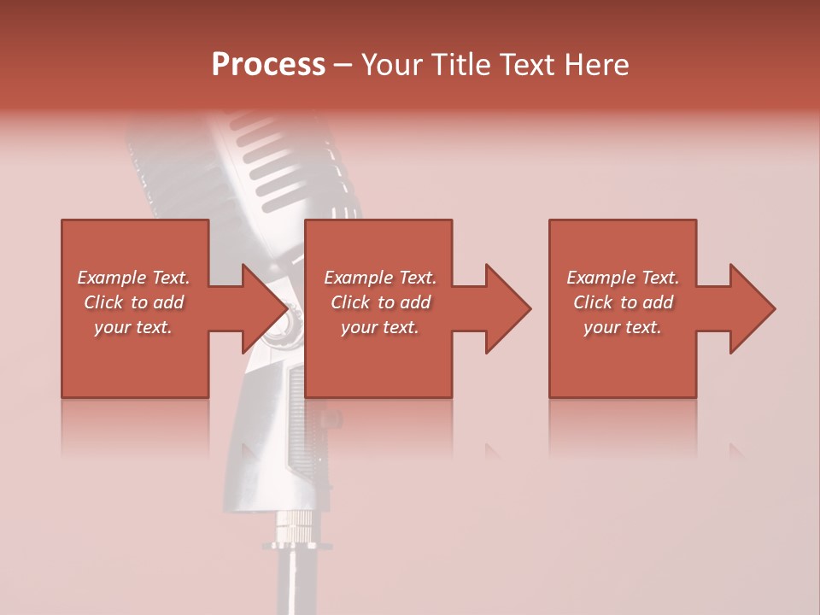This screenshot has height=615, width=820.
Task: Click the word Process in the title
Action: [x=268, y=65]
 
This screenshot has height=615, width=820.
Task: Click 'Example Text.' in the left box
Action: [x=133, y=278]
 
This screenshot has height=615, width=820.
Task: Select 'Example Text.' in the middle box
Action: [x=380, y=278]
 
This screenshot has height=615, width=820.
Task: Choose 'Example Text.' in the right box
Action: [x=623, y=278]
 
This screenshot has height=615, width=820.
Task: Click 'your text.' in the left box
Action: [x=133, y=327]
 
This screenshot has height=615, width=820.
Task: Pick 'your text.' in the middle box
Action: [x=380, y=327]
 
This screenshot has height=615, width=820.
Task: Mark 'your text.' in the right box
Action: [x=623, y=327]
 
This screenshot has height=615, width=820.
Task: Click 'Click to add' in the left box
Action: [x=133, y=302]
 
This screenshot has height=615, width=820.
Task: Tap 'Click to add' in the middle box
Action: [x=380, y=302]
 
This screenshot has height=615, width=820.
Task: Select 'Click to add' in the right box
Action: [x=623, y=302]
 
